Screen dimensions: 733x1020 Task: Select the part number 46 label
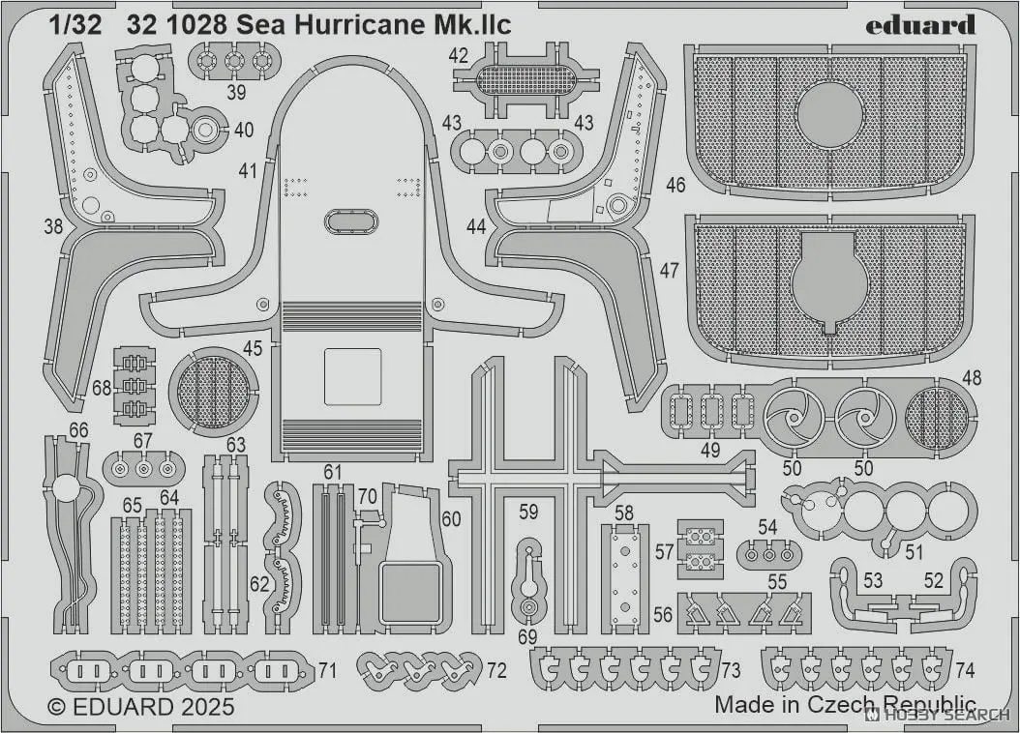point(675,183)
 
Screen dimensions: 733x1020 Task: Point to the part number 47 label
point(670,272)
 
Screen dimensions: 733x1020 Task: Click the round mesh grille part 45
point(213,392)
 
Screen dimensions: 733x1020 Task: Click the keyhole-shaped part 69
point(527,581)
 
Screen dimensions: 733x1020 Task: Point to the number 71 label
point(327,670)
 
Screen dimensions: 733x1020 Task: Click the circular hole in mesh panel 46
point(829,114)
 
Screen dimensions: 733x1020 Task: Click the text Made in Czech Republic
point(845,704)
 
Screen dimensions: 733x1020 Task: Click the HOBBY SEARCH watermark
point(938,716)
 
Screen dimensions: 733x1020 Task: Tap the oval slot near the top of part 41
point(351,221)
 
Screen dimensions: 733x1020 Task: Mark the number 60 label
point(451,519)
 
